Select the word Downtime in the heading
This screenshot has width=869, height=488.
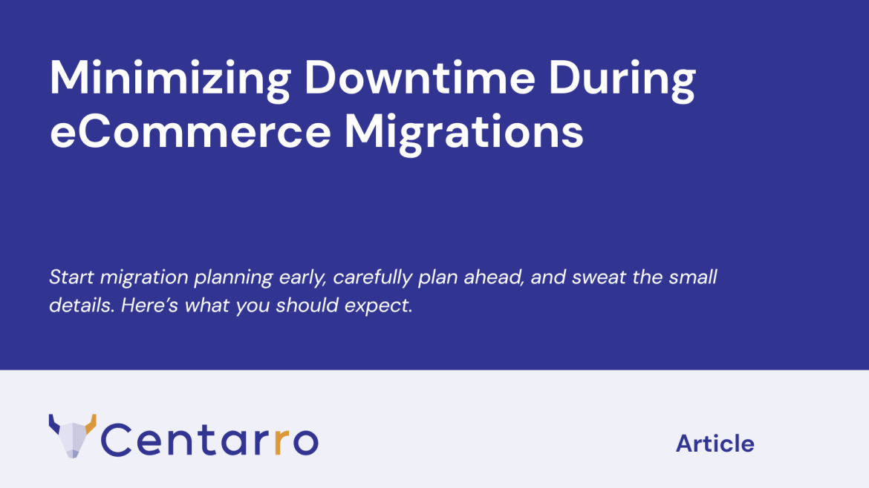[420, 77]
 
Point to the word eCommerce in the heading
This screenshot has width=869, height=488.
[190, 132]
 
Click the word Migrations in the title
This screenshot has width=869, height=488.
[464, 134]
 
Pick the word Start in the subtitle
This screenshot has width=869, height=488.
[71, 277]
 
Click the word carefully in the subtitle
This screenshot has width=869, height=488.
[372, 278]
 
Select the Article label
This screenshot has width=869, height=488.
[715, 444]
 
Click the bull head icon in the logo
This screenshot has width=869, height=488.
[73, 436]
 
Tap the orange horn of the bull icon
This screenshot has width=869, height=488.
[91, 423]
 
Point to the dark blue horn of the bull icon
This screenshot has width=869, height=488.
[54, 423]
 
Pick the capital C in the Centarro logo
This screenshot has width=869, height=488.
[115, 439]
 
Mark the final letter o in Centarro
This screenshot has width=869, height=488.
[305, 441]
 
